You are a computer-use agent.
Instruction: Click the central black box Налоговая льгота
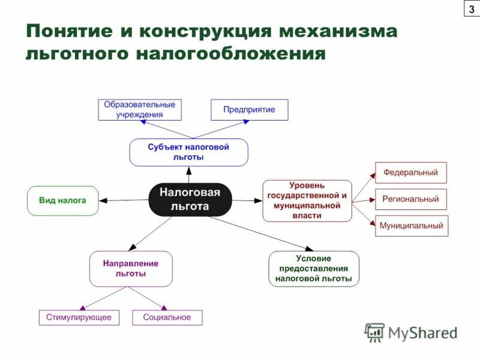tap(190, 199)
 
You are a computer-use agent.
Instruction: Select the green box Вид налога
tap(62, 200)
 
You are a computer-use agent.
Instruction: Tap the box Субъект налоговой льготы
tap(188, 152)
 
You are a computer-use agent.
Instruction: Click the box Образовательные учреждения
tap(140, 109)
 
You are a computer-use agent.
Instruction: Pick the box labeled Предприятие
tap(249, 110)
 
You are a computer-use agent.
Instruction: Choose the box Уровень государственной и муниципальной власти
tap(307, 200)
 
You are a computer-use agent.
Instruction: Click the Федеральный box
tap(411, 173)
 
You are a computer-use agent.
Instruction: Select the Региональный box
tap(411, 199)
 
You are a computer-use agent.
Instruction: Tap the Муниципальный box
tap(411, 226)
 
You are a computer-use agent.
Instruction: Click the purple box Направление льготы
tap(131, 268)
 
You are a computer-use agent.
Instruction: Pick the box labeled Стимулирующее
tap(79, 317)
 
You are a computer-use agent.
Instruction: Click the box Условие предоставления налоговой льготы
tap(314, 269)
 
